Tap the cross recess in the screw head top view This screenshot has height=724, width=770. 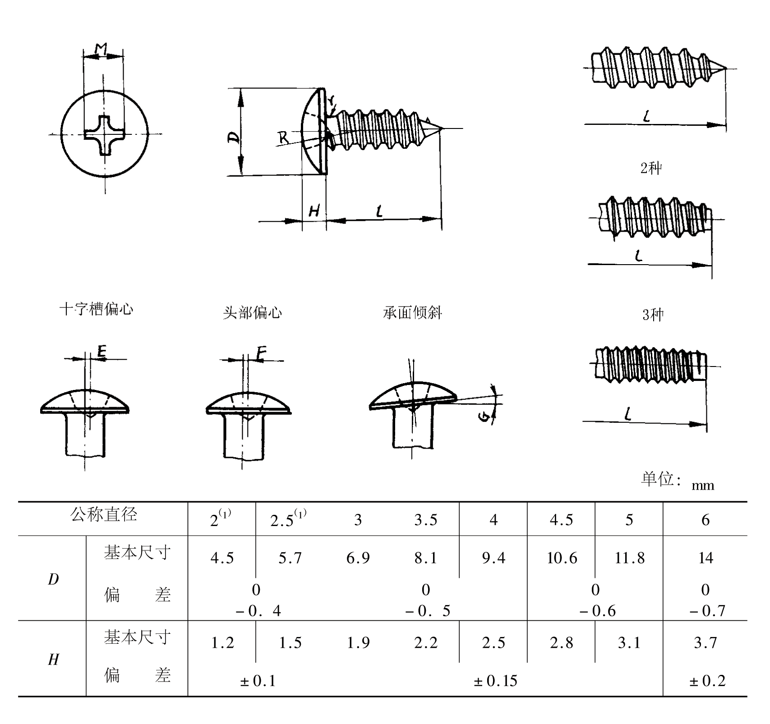point(104,135)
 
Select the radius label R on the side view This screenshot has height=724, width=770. point(283,137)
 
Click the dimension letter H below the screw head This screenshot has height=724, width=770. point(314,211)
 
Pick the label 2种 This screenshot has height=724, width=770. point(651,168)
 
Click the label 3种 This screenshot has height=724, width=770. point(653,315)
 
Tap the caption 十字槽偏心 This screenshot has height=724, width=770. point(97,309)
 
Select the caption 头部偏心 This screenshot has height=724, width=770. point(252,312)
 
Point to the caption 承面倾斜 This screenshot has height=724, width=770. point(412,312)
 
